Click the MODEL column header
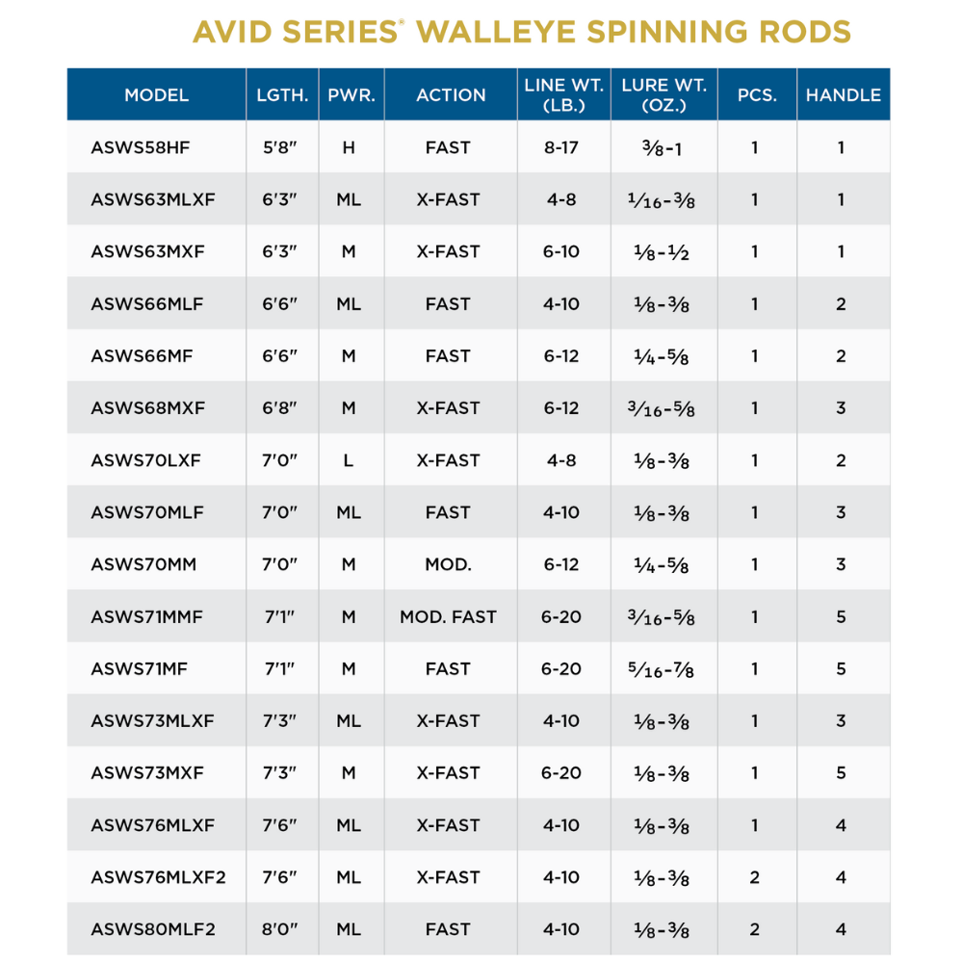coord(156,95)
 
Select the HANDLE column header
coord(843,95)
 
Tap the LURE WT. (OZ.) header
coord(664,95)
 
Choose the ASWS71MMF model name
coord(146,616)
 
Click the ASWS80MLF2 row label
coord(153,929)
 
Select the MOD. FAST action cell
coord(448,616)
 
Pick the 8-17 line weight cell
coord(561,147)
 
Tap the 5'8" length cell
coord(281,147)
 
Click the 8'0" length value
coord(281,929)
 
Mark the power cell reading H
coord(349,147)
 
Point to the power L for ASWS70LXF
coord(349,460)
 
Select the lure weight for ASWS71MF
coord(664,668)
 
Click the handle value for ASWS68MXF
coord(841,408)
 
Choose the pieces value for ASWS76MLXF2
coord(755,877)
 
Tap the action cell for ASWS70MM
coord(448,564)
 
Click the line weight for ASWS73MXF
coord(561,772)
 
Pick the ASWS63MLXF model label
coord(153,199)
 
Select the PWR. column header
coord(351,95)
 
